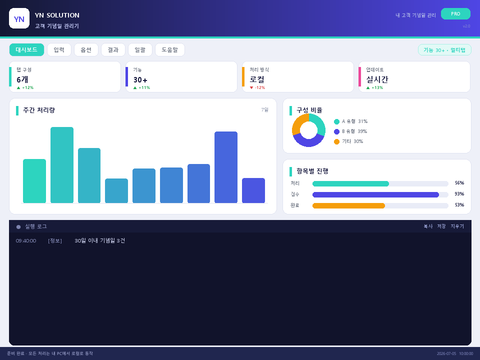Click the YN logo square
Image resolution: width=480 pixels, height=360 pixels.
click(19, 18)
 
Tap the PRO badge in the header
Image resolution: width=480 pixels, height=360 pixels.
click(455, 14)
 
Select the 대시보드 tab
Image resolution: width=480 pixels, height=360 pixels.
click(26, 49)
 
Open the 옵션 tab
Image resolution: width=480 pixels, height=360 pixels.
click(86, 49)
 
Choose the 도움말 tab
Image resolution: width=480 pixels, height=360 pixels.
click(170, 49)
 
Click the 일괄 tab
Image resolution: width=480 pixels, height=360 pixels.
click(140, 49)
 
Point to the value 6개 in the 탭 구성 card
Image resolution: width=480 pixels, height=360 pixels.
click(22, 79)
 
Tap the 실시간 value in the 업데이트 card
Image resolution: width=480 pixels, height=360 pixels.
click(377, 79)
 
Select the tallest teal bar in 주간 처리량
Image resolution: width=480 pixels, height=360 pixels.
click(62, 164)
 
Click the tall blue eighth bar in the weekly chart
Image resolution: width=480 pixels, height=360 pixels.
click(226, 167)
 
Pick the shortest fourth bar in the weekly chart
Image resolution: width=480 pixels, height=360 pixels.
click(116, 190)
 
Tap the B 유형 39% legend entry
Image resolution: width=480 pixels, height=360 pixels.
click(350, 131)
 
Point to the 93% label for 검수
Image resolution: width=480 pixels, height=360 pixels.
click(459, 194)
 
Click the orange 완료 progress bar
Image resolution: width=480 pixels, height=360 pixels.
click(348, 205)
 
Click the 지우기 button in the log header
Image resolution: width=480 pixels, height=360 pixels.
click(457, 226)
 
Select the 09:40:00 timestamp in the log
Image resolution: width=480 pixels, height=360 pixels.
click(26, 241)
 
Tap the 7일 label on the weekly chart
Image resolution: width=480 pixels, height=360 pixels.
click(265, 109)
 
